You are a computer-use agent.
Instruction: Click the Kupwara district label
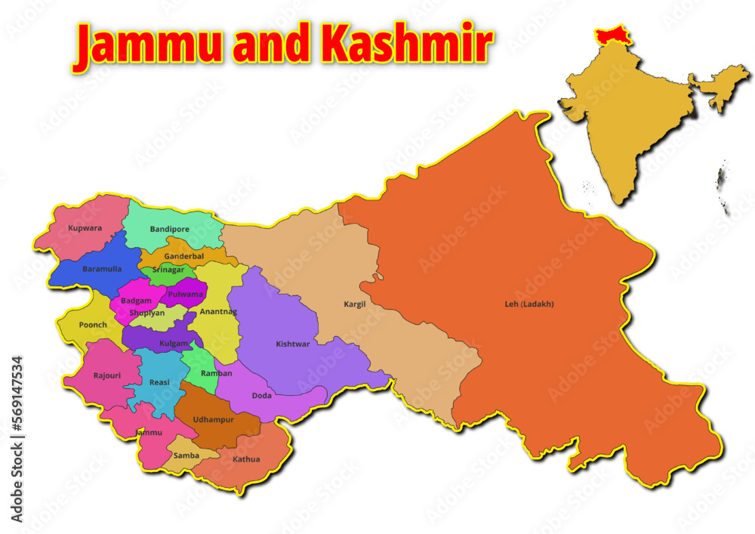point(85,227)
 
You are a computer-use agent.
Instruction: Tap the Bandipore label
point(170,229)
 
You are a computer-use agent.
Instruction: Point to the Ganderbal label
point(184,257)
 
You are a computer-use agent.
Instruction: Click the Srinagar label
point(168,270)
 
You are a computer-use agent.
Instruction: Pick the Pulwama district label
point(186,294)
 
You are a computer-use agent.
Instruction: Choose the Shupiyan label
point(146,312)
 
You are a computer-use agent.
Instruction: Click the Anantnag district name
point(219,311)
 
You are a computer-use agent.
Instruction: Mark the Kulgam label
point(174,344)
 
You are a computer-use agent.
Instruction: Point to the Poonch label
point(93,325)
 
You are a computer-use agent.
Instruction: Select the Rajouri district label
point(106,375)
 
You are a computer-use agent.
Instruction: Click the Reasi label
point(159,383)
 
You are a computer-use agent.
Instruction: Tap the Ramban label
point(217,373)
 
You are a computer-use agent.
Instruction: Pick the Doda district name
point(262,395)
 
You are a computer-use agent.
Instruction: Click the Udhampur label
point(214,419)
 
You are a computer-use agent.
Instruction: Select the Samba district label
point(186,455)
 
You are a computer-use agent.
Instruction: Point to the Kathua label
point(246,459)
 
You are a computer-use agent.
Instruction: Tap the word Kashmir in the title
point(407,45)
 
